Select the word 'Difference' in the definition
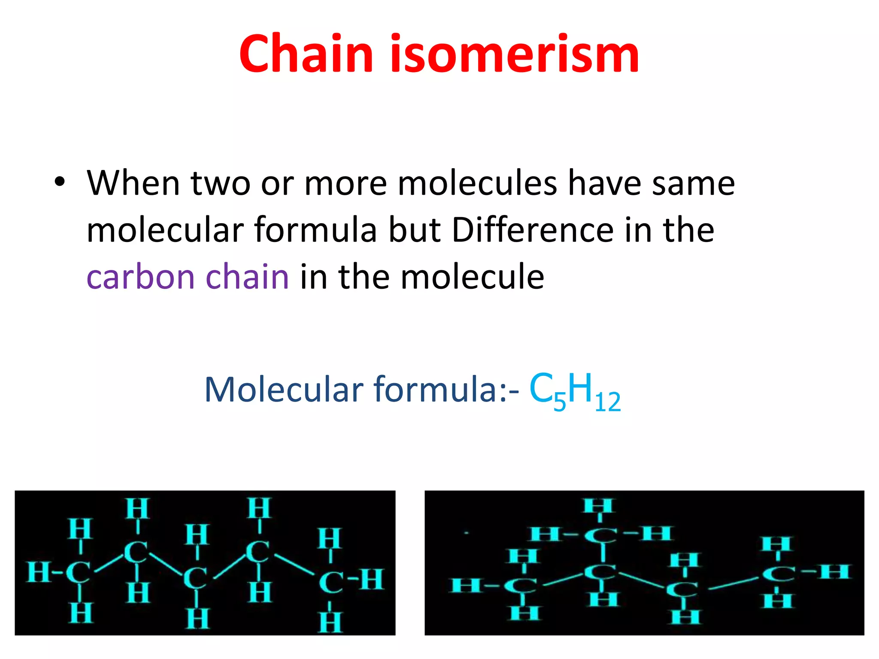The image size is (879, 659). point(532,230)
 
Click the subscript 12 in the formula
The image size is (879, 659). point(608,402)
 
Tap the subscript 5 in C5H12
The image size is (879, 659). point(560,402)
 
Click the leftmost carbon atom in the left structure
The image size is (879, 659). point(78,572)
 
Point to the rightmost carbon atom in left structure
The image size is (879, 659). point(331,582)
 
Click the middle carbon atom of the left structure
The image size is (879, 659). point(195,578)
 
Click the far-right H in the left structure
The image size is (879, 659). point(372,579)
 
